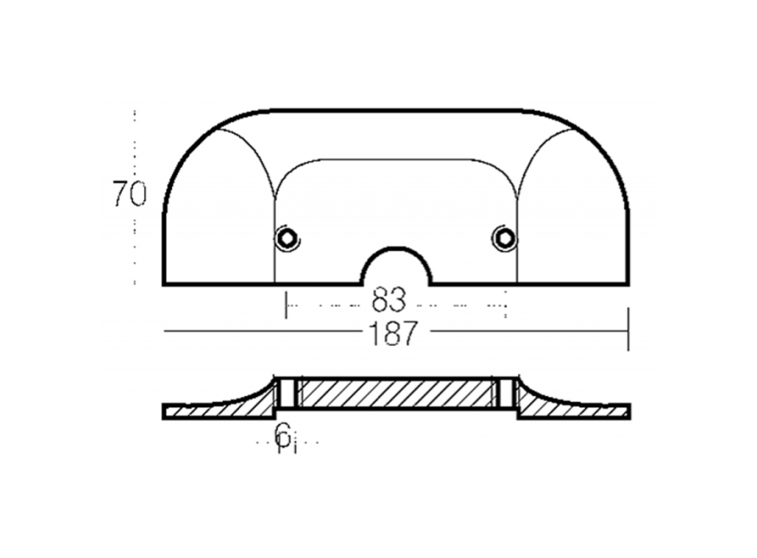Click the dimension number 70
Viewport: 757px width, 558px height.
pos(129,193)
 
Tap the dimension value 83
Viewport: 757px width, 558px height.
pos(389,301)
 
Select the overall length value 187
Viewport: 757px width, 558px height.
pos(392,333)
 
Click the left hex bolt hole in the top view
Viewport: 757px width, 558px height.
pos(287,238)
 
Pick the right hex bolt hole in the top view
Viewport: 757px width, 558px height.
pos(504,238)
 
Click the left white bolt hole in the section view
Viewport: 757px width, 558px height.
pos(288,393)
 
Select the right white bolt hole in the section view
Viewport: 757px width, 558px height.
pos(505,393)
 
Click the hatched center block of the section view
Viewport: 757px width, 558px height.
pos(396,393)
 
